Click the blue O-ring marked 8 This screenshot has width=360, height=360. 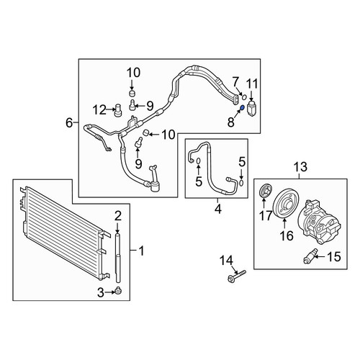point(242,108)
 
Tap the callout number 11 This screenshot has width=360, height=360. point(252,84)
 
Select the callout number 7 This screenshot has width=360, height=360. point(235,82)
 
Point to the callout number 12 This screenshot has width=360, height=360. point(99,110)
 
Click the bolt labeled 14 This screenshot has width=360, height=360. point(237,276)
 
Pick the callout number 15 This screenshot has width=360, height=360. point(334,256)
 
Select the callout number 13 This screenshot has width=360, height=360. point(300,167)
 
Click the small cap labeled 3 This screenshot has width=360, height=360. point(118,291)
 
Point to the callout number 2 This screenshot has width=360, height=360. point(118,216)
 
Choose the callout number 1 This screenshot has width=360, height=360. point(142,251)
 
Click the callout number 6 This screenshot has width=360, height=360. point(69,123)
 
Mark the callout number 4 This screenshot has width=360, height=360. point(218,209)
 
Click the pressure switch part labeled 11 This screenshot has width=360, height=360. point(251,109)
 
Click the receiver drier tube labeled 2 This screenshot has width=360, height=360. point(117,257)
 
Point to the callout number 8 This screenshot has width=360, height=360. point(230,122)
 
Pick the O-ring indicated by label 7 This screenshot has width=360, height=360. point(244,96)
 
